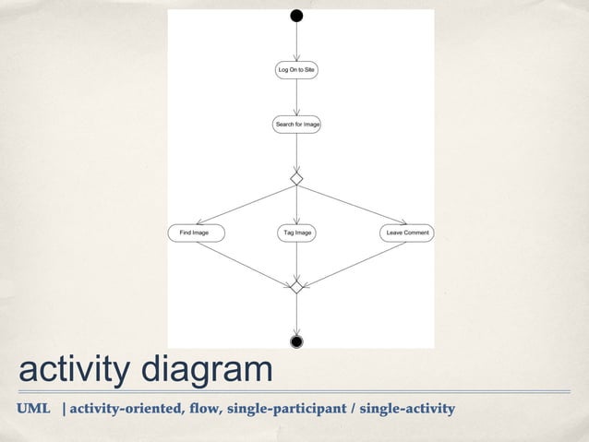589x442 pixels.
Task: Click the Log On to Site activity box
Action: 296,70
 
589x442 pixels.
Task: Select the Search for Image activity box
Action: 296,124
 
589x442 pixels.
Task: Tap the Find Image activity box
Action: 195,233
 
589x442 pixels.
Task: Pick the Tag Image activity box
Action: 296,233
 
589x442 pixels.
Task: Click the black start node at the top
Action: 296,15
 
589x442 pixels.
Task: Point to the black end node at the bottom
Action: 296,342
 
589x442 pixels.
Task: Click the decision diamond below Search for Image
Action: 296,176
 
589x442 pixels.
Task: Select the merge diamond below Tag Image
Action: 296,287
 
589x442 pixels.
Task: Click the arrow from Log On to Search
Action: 296,97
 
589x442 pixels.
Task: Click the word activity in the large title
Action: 76,372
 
